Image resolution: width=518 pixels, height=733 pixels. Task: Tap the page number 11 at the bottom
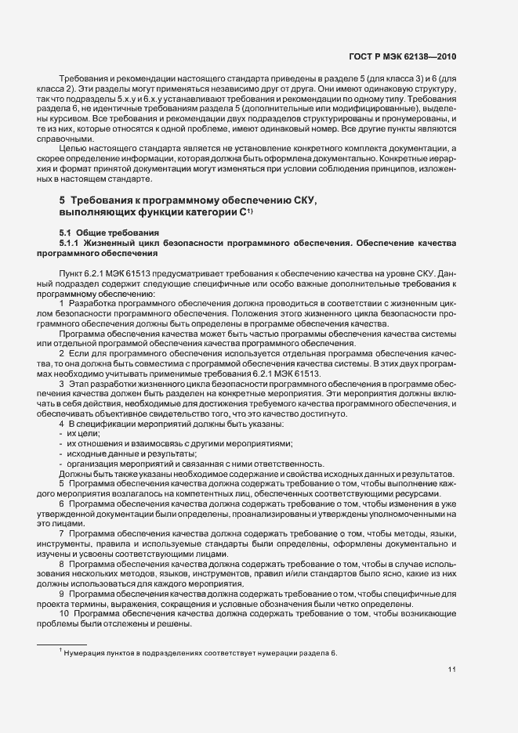(x=452, y=670)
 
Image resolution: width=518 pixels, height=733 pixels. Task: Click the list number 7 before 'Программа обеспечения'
(x=62, y=533)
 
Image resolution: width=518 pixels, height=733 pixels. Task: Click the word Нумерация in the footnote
(x=85, y=652)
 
